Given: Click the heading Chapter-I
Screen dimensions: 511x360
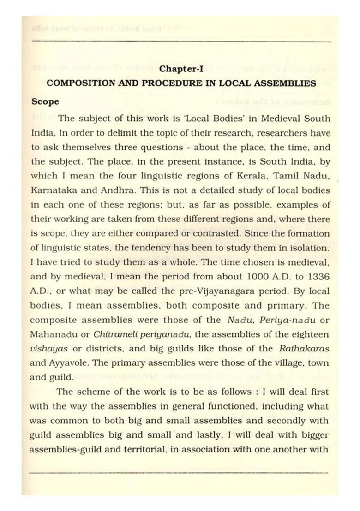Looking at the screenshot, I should pos(181,69).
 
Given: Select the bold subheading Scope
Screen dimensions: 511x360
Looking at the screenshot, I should pos(45,101).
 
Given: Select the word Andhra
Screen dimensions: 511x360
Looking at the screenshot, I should pos(110,190).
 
